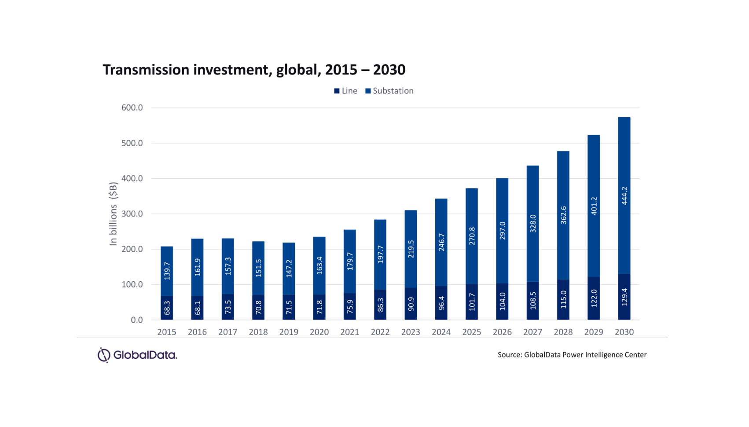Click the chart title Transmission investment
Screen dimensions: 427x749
pyautogui.click(x=254, y=70)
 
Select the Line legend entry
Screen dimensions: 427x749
pyautogui.click(x=346, y=91)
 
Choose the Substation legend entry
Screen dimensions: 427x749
pyautogui.click(x=389, y=91)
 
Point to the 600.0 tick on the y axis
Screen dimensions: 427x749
pyautogui.click(x=132, y=108)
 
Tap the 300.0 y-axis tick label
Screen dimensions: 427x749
pyautogui.click(x=132, y=214)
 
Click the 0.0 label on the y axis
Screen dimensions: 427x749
pyautogui.click(x=136, y=320)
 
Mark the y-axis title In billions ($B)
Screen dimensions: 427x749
pyautogui.click(x=114, y=214)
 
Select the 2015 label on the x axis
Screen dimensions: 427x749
pyautogui.click(x=167, y=332)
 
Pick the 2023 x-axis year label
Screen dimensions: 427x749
pyautogui.click(x=411, y=332)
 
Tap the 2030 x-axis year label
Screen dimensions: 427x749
pyautogui.click(x=624, y=332)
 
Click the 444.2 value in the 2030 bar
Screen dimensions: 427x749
pyautogui.click(x=624, y=196)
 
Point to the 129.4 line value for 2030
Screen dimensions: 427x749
pyautogui.click(x=624, y=297)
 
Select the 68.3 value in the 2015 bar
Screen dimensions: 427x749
pyautogui.click(x=167, y=308)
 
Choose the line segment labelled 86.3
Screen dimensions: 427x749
pyautogui.click(x=381, y=305)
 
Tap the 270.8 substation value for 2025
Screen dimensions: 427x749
pyautogui.click(x=472, y=236)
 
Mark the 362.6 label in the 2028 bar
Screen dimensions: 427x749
pyautogui.click(x=564, y=215)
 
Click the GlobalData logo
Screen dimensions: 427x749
pyautogui.click(x=137, y=355)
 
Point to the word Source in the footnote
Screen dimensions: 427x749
pyautogui.click(x=509, y=355)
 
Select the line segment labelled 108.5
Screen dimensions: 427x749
pyautogui.click(x=533, y=300)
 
